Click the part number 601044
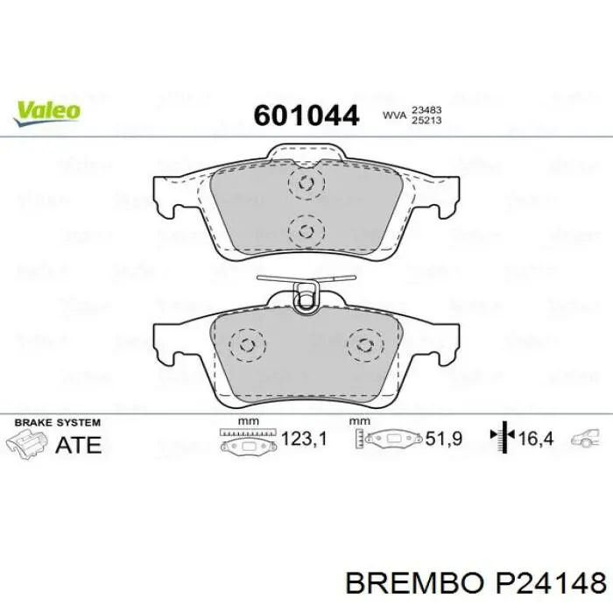tap(306, 115)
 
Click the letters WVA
tap(393, 115)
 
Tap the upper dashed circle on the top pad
tap(306, 184)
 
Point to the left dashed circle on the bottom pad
tap(250, 343)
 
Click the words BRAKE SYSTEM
tap(53, 421)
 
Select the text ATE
tap(78, 444)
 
